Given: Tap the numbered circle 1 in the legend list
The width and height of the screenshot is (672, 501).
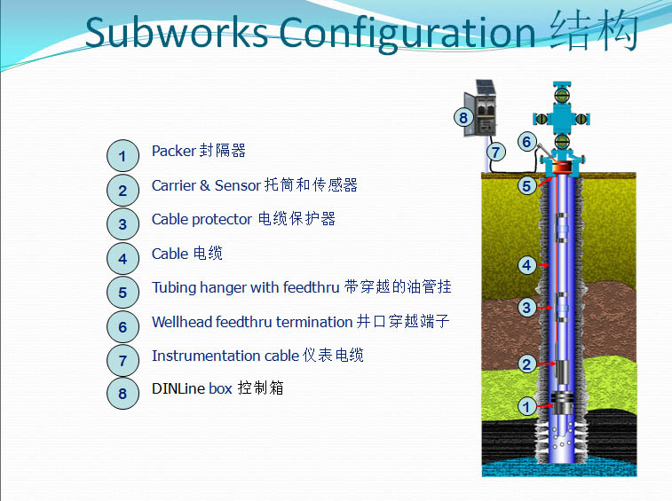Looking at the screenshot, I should [123, 156].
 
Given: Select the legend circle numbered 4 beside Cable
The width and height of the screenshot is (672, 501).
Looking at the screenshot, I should [123, 258].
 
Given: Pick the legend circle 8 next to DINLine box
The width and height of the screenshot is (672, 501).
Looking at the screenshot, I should [123, 393].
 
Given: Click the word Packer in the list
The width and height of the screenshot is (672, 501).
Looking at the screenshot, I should [173, 151].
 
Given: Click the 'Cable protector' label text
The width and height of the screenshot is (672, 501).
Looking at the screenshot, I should [202, 219].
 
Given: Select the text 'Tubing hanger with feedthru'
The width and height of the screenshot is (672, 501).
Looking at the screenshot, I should [245, 287].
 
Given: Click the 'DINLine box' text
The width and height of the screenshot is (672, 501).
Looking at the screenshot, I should [191, 388].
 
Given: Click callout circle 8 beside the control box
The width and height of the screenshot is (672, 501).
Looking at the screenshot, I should [462, 117].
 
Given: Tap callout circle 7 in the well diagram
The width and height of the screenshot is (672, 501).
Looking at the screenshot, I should [495, 152].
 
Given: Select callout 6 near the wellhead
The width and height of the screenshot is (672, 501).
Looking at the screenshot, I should [526, 141].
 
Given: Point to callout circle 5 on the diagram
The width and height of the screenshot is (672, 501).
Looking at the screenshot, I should [526, 185].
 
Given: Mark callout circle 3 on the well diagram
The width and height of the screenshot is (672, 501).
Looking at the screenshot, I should [526, 308].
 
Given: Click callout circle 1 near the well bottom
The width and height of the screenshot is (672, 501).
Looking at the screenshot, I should [526, 407].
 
